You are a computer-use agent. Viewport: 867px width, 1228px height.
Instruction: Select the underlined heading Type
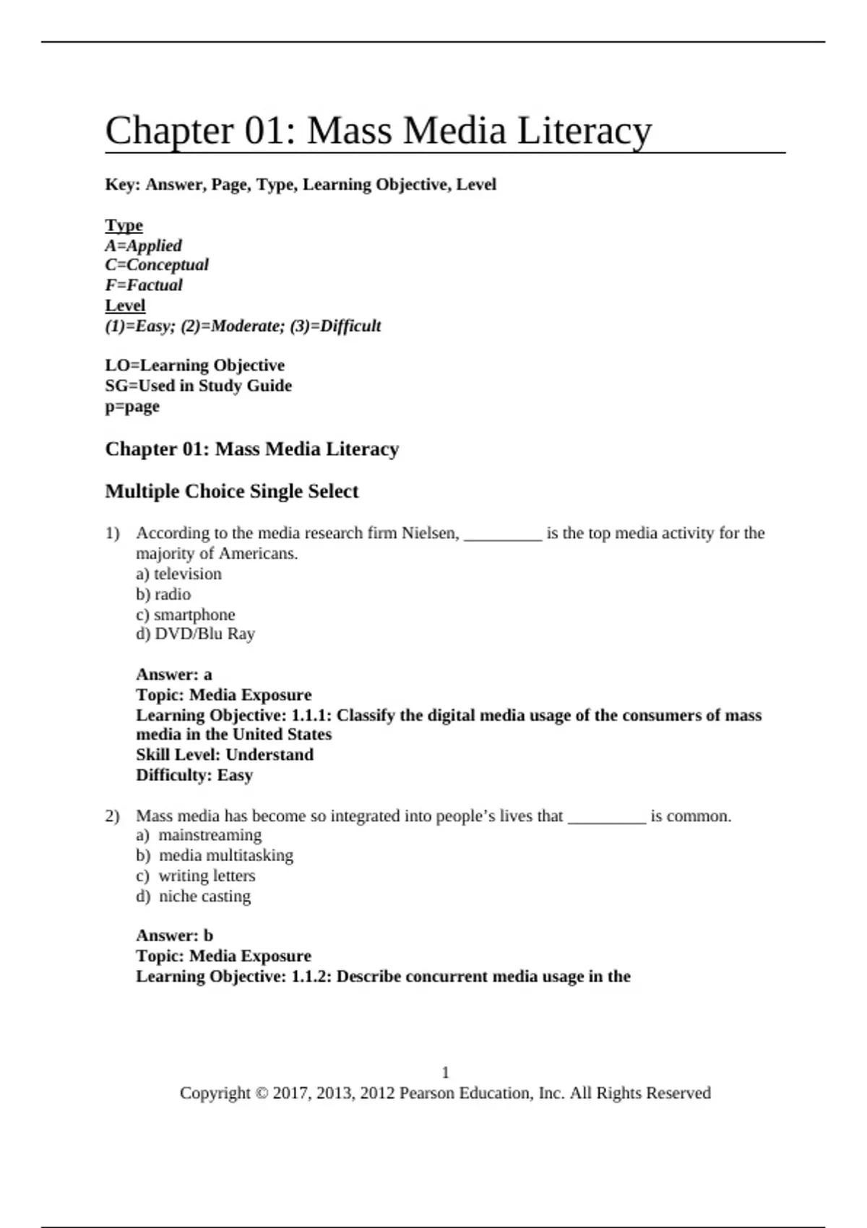(124, 225)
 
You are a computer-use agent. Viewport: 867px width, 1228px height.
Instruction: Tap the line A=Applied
(143, 246)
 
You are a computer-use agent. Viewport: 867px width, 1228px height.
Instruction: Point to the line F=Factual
(144, 285)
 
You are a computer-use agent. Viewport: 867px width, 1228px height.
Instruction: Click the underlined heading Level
(125, 306)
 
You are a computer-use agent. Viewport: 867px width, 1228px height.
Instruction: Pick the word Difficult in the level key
(350, 326)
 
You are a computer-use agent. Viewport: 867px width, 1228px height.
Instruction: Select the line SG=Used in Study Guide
(198, 386)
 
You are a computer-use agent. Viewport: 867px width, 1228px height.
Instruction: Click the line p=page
(132, 406)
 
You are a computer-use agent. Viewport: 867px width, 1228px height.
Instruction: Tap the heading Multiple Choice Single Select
(231, 491)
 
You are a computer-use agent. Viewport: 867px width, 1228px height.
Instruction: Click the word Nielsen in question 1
(429, 533)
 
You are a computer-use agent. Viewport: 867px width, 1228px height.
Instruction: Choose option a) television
(178, 574)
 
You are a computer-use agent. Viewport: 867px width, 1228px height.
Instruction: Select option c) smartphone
(186, 615)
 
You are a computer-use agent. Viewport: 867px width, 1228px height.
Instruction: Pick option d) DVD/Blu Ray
(195, 634)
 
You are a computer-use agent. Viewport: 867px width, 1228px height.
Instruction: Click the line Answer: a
(173, 675)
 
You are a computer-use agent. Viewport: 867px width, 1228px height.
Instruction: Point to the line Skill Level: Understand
(224, 755)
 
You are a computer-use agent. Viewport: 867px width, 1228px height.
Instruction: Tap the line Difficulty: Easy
(194, 775)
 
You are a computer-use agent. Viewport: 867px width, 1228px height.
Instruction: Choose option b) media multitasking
(215, 855)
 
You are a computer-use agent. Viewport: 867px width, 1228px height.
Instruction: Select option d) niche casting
(193, 896)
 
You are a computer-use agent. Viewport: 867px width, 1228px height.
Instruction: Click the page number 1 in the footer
(445, 1073)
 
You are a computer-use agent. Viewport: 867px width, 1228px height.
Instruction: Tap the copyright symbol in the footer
(261, 1094)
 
